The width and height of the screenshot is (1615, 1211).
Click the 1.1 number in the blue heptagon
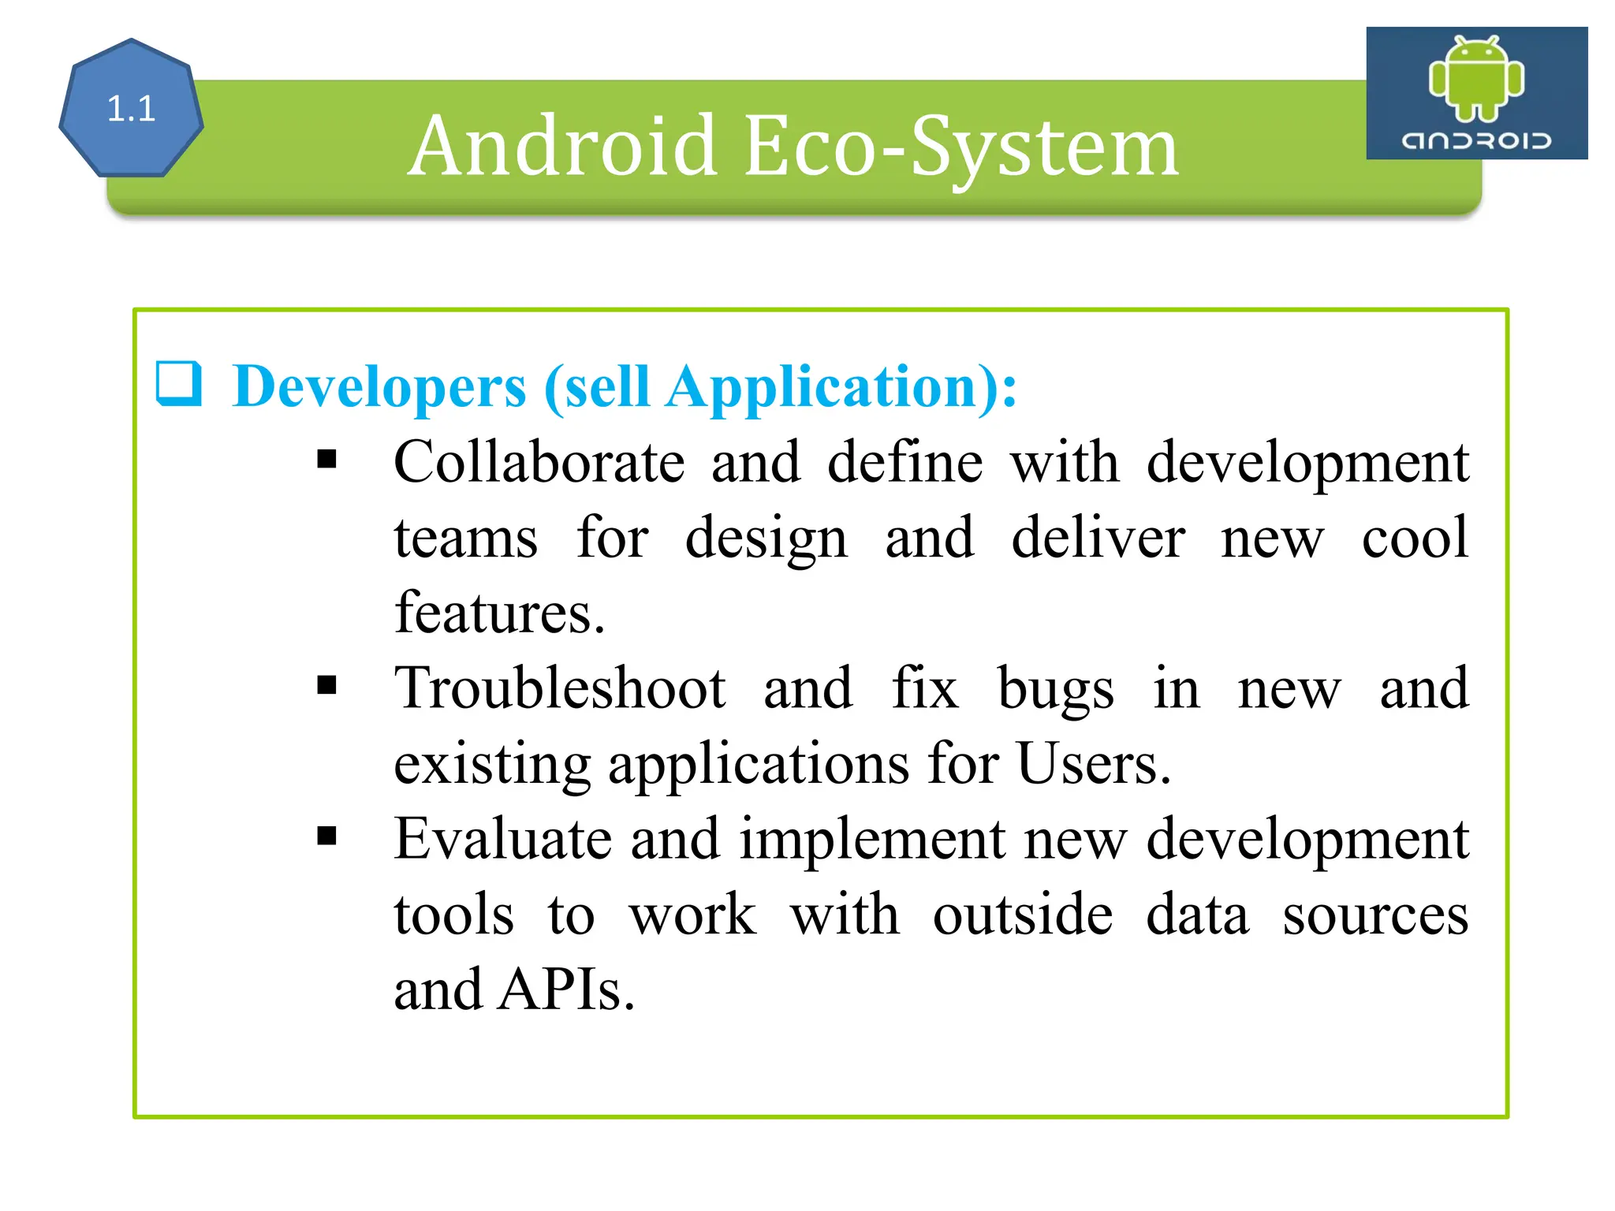pos(131,109)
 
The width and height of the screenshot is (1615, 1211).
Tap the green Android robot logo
pos(1476,79)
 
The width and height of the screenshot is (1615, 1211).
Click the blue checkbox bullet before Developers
pos(178,384)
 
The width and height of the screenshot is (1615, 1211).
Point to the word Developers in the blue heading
pos(379,387)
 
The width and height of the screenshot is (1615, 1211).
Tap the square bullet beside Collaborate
pos(326,459)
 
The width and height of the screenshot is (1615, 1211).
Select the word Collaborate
pos(539,462)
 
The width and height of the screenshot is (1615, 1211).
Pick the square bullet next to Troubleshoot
pos(326,684)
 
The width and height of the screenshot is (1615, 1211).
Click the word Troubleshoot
pos(560,688)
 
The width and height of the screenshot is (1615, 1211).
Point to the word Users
pos(1093,763)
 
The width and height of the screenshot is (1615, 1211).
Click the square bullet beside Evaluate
pos(326,835)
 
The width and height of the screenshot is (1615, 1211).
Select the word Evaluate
pos(502,839)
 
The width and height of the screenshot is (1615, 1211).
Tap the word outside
pos(1023,915)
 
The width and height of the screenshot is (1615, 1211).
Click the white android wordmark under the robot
pos(1476,140)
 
